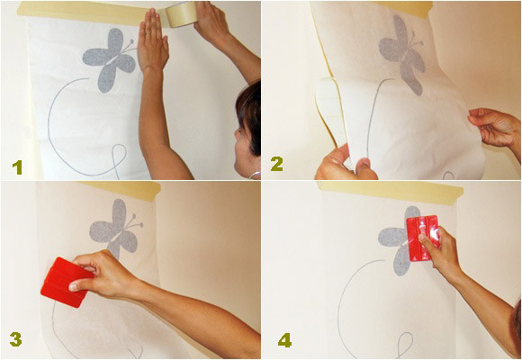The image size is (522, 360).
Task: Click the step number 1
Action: pos(17,167)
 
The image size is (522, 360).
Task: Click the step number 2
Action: pos(277,164)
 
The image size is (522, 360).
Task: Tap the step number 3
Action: pos(16,339)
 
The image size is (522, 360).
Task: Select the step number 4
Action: pos(285,340)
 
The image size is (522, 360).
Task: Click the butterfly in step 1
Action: pos(110,58)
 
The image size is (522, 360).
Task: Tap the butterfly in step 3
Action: pos(115,228)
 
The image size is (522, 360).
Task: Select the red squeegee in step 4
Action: pos(422,238)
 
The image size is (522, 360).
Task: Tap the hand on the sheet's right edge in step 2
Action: pos(495,127)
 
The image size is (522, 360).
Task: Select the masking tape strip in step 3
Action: pos(121,189)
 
